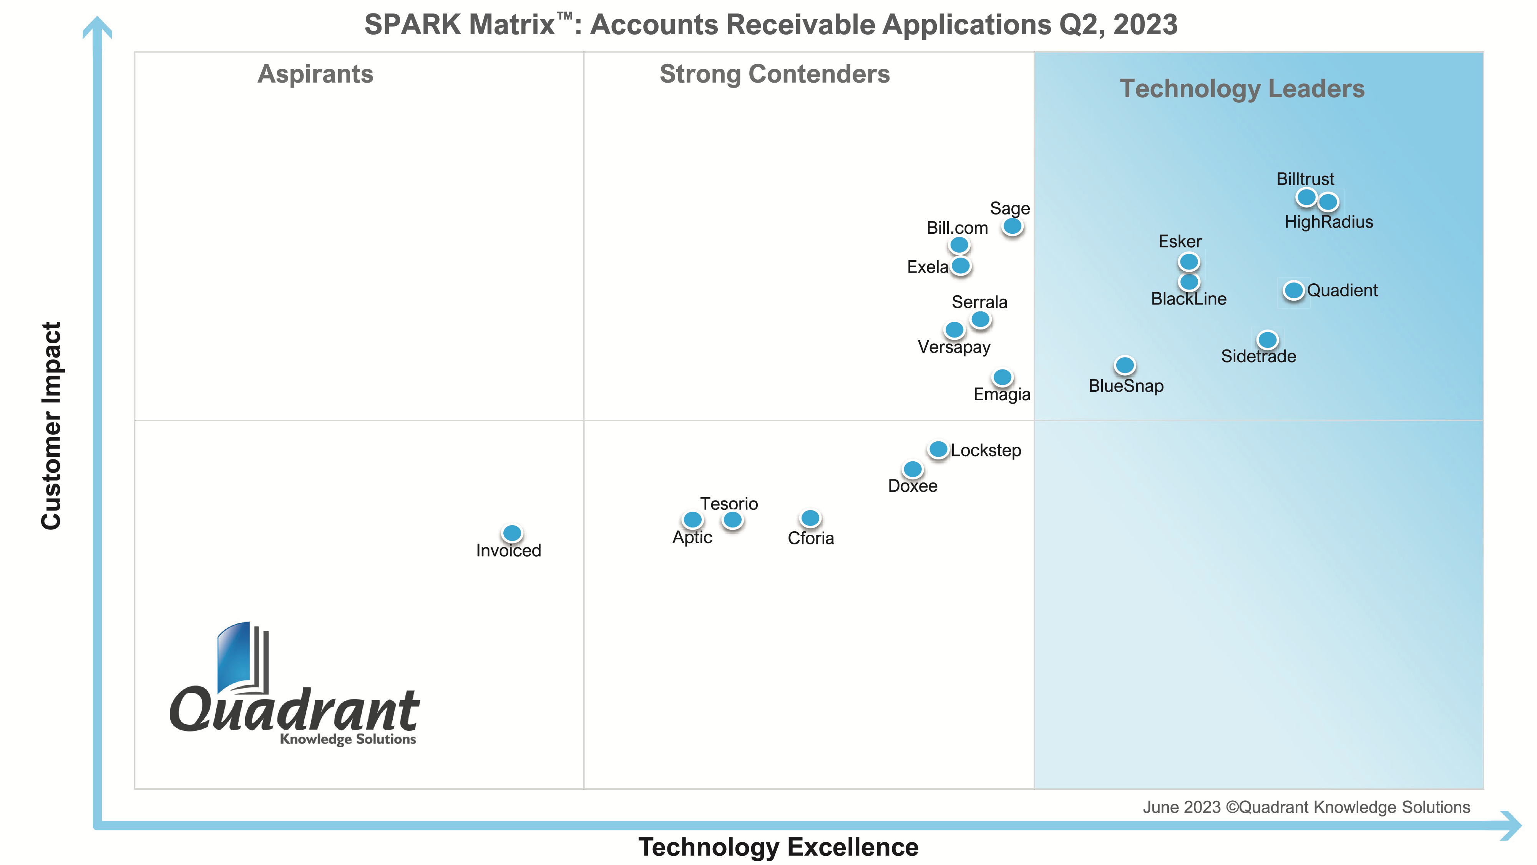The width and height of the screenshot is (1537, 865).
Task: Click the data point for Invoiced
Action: coord(512,532)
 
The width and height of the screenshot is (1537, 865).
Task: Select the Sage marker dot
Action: coord(1012,226)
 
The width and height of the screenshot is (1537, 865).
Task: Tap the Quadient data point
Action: coord(1293,290)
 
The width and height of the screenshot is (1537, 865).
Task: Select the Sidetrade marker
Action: coord(1267,340)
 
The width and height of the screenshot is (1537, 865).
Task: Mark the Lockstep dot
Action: coord(938,449)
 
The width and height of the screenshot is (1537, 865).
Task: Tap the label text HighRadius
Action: coord(1328,222)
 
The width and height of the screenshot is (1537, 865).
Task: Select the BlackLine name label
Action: coord(1188,298)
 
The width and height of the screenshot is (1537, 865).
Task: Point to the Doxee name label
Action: coord(912,486)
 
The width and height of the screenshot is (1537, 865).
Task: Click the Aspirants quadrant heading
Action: coord(315,74)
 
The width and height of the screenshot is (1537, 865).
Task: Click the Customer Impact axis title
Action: coord(51,425)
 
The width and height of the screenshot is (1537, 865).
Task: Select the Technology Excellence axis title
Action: coord(778,847)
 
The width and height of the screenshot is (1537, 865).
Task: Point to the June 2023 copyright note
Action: coord(1306,807)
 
